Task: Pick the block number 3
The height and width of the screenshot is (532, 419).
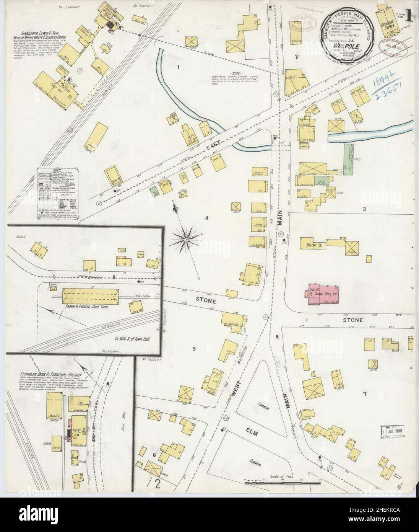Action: (364, 209)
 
